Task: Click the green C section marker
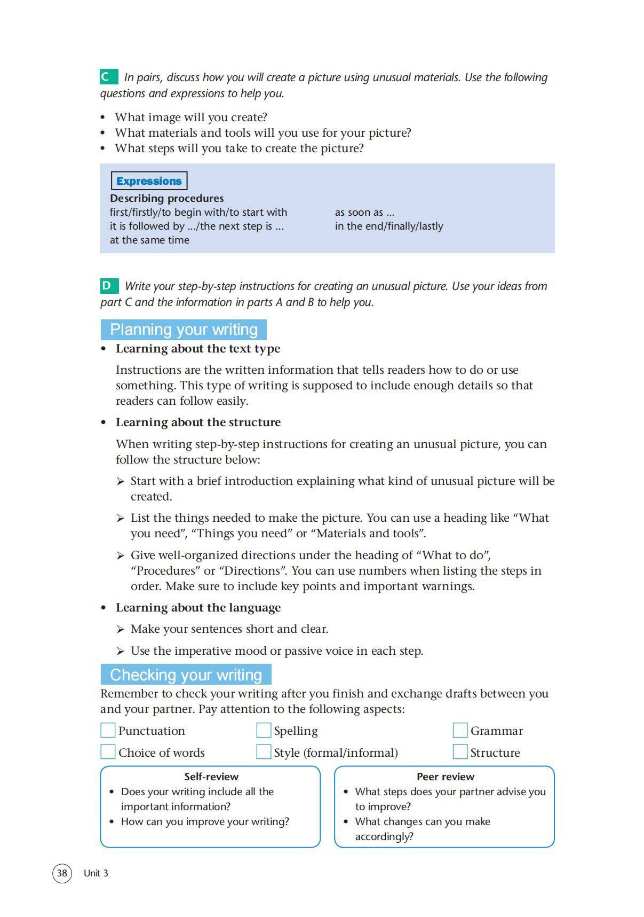click(x=108, y=77)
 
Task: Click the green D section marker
click(x=108, y=286)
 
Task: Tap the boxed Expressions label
click(x=149, y=181)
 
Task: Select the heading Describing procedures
click(x=166, y=198)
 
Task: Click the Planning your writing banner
click(x=184, y=330)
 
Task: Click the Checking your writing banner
click(x=186, y=675)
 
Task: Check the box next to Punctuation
click(x=108, y=730)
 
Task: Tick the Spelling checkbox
click(x=264, y=730)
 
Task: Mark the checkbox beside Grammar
click(x=460, y=730)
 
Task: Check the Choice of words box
click(x=108, y=752)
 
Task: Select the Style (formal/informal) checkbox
click(x=264, y=752)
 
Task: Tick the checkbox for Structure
click(x=460, y=752)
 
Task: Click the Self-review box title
click(x=211, y=777)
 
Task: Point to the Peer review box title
click(x=445, y=777)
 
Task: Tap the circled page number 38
click(x=62, y=873)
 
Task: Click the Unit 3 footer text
click(x=96, y=873)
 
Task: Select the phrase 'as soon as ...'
click(x=364, y=213)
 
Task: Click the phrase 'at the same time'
click(x=149, y=240)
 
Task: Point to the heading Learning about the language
click(x=198, y=608)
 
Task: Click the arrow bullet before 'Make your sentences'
click(x=121, y=630)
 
